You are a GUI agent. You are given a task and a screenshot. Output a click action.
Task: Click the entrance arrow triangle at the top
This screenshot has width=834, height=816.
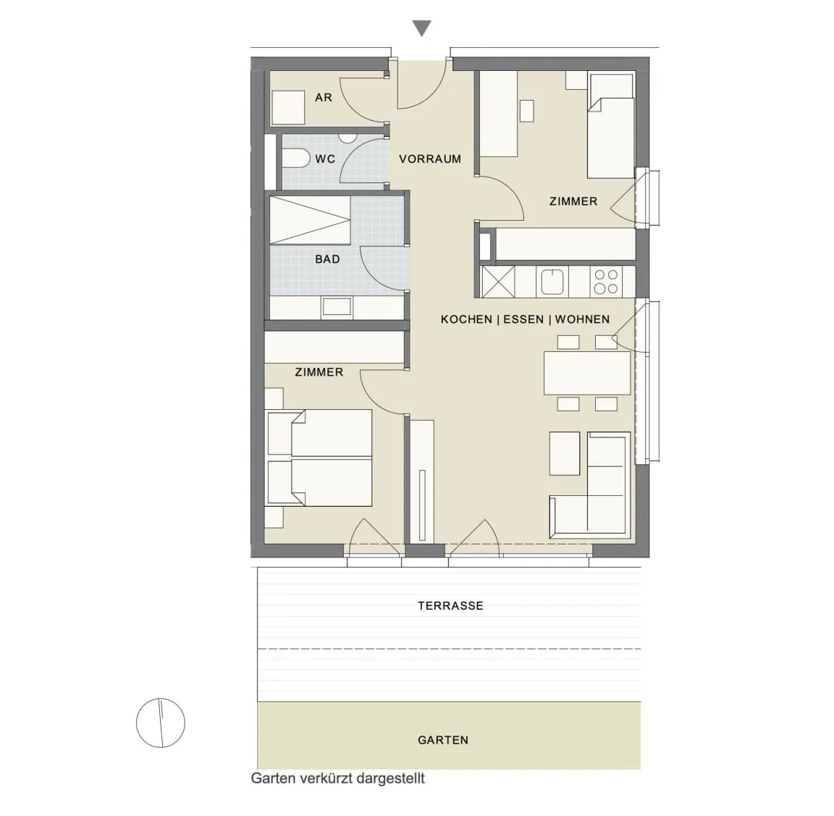[422, 27]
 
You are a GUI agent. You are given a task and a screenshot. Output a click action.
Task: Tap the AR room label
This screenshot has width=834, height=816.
[324, 97]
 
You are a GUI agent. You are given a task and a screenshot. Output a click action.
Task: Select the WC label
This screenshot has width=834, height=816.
[325, 159]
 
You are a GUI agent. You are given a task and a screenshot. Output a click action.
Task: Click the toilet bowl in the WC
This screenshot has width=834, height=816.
[295, 159]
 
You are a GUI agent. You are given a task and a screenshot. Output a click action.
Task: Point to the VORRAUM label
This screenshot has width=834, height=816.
[430, 159]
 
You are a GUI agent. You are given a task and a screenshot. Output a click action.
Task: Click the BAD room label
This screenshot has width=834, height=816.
[327, 259]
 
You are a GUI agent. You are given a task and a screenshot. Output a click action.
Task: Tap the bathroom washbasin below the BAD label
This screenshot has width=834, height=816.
[337, 307]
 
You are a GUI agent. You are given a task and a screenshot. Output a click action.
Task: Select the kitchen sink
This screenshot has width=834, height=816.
[552, 282]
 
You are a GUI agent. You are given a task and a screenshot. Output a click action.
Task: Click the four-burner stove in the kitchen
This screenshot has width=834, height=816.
[606, 282]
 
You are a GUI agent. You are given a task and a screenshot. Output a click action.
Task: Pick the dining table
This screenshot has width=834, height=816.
[587, 373]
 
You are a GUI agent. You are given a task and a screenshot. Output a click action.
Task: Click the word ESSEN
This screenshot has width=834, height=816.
[523, 319]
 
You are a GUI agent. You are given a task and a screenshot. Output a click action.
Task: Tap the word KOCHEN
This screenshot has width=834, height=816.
[466, 319]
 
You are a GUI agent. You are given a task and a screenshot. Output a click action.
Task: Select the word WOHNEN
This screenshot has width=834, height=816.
[582, 319]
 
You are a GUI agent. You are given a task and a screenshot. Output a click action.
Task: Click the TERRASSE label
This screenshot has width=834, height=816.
[450, 605]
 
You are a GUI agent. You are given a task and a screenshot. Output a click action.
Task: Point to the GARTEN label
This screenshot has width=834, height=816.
[443, 740]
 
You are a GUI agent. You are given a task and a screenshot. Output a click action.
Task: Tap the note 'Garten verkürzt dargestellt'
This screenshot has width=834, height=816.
[338, 779]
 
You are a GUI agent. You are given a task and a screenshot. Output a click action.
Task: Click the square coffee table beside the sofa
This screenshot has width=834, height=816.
[565, 453]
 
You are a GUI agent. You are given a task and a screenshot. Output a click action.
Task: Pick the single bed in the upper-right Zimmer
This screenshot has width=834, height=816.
[610, 125]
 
